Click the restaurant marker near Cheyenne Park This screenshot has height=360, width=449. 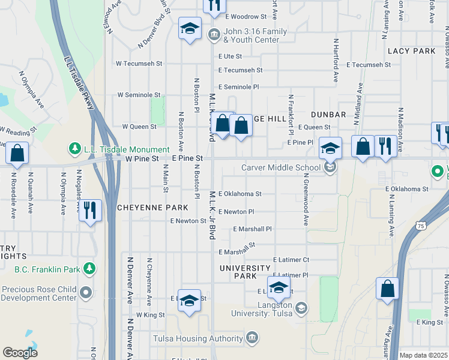(91, 211)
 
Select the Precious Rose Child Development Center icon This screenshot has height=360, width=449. (86, 293)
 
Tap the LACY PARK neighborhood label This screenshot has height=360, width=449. (411, 51)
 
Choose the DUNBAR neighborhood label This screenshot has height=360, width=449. (328, 114)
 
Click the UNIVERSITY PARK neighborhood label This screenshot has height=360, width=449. (245, 272)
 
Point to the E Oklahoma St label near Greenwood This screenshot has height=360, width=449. (240, 194)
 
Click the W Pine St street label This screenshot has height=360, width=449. (142, 158)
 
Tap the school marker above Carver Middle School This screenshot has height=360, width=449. (330, 147)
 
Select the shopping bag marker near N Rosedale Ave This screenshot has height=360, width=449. (17, 154)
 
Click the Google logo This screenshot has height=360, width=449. (20, 353)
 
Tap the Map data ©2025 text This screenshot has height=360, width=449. (423, 355)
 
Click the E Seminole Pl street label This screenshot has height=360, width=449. (238, 87)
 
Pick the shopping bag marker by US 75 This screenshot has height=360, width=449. (387, 288)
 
